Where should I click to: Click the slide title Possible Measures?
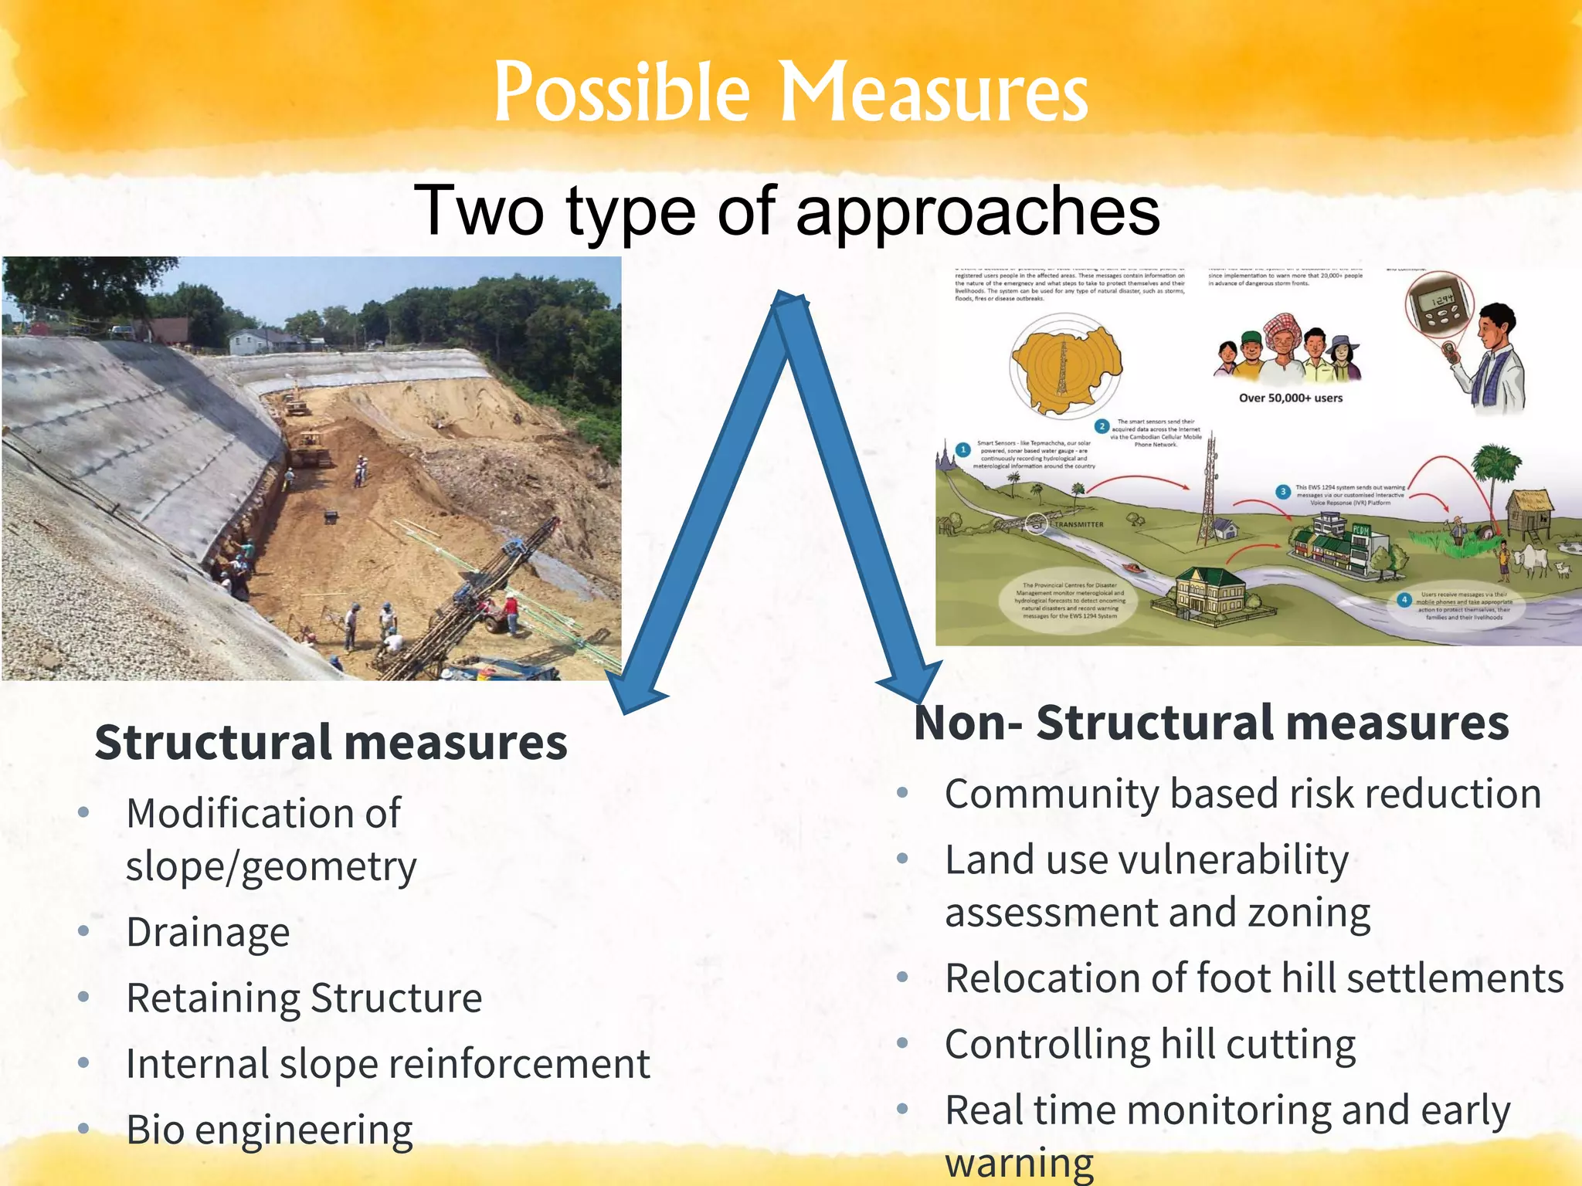pyautogui.click(x=790, y=93)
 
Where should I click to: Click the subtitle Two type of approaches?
pyautogui.click(x=786, y=210)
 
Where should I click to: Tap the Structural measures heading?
pyautogui.click(x=331, y=742)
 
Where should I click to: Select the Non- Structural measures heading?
pyautogui.click(x=1210, y=723)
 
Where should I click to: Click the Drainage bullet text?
pyautogui.click(x=208, y=932)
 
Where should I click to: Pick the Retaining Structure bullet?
pyautogui.click(x=304, y=998)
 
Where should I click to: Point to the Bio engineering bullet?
pyautogui.click(x=270, y=1130)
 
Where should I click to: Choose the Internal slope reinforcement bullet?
pyautogui.click(x=388, y=1063)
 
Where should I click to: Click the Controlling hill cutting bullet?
pyautogui.click(x=1150, y=1044)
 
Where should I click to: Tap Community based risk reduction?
pyautogui.click(x=1242, y=794)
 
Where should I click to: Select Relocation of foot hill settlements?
pyautogui.click(x=1254, y=978)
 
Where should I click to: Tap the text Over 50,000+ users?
pyautogui.click(x=1290, y=398)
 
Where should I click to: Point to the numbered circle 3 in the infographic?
pyautogui.click(x=1283, y=492)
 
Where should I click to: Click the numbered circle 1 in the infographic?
pyautogui.click(x=962, y=450)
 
